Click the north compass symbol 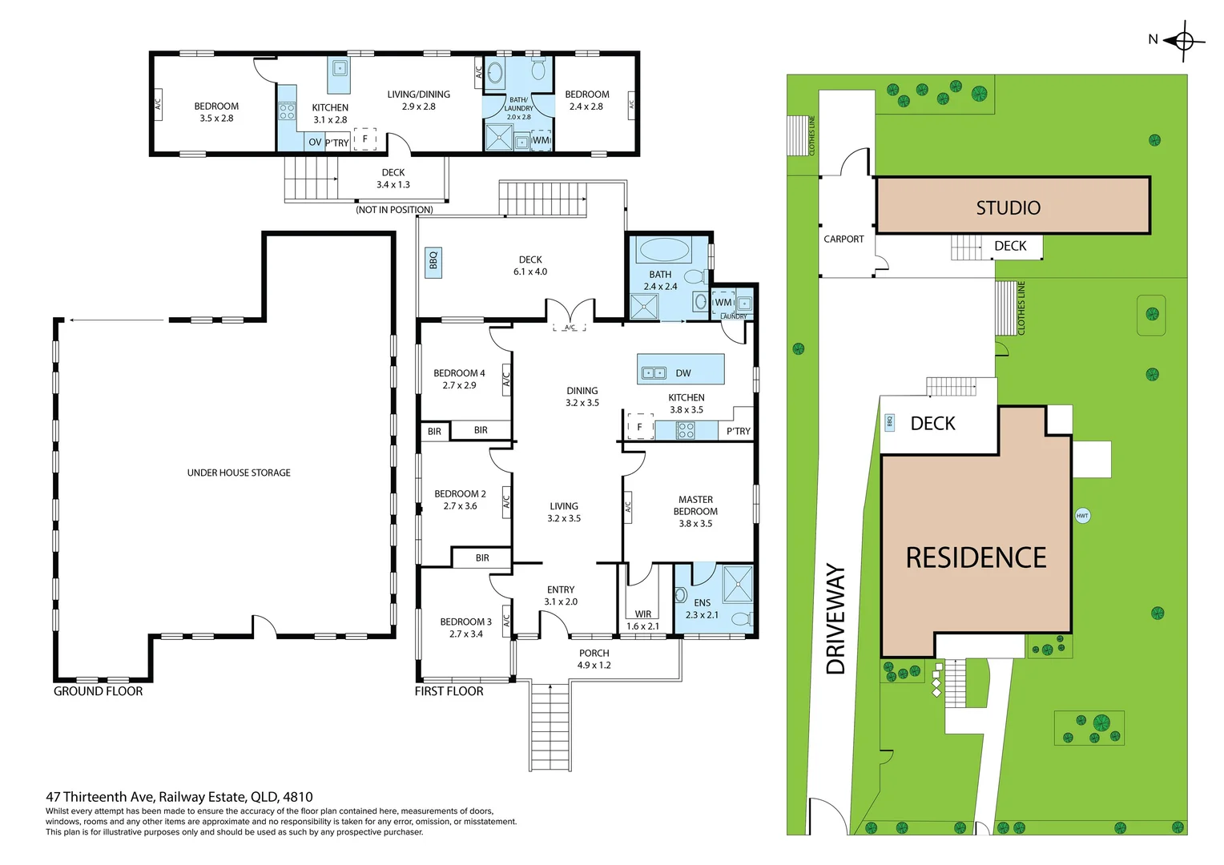click(x=1184, y=41)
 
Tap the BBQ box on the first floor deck click(x=433, y=263)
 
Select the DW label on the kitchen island click(x=683, y=373)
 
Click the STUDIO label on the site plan click(x=1009, y=207)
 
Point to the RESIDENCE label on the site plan click(x=976, y=558)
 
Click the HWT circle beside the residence click(x=1082, y=516)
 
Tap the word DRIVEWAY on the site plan click(x=835, y=619)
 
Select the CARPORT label click(x=844, y=239)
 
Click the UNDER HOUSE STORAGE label click(x=239, y=473)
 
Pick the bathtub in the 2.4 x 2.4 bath click(x=664, y=250)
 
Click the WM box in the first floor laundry click(x=723, y=303)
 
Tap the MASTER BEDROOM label click(x=695, y=505)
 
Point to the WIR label click(x=643, y=614)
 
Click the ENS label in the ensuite click(x=703, y=603)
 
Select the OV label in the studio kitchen click(x=315, y=143)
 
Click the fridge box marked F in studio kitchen click(x=365, y=139)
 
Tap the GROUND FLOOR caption click(x=99, y=691)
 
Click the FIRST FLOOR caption click(x=449, y=691)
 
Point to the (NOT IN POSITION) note click(x=395, y=210)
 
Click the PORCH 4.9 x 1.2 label click(x=594, y=659)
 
